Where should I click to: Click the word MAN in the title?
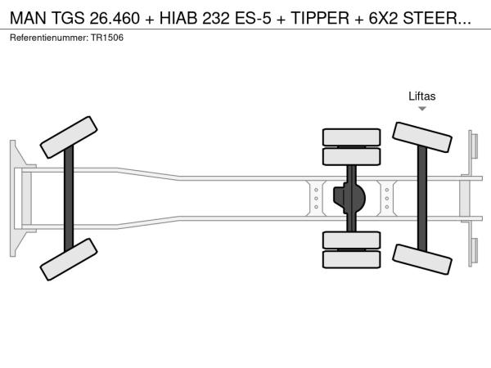[x=28, y=18]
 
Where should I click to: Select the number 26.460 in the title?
[x=115, y=18]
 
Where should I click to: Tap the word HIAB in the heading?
[x=178, y=18]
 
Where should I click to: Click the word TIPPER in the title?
[x=320, y=18]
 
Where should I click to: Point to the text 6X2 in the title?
[x=383, y=18]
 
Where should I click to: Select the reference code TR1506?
[x=107, y=38]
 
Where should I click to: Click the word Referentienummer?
[x=49, y=38]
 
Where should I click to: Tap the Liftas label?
[x=421, y=96]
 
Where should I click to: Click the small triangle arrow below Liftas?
[x=422, y=109]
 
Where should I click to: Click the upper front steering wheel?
[x=69, y=137]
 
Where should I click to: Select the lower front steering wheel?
[x=69, y=259]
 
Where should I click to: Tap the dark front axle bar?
[x=69, y=199]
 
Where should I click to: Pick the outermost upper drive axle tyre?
[x=351, y=137]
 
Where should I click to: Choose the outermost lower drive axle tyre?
[x=351, y=259]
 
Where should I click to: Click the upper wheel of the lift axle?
[x=421, y=137]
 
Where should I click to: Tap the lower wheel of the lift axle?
[x=421, y=259]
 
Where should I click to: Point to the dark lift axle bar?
[x=422, y=199]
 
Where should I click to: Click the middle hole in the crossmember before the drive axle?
[x=316, y=199]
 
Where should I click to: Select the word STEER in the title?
[x=430, y=18]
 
